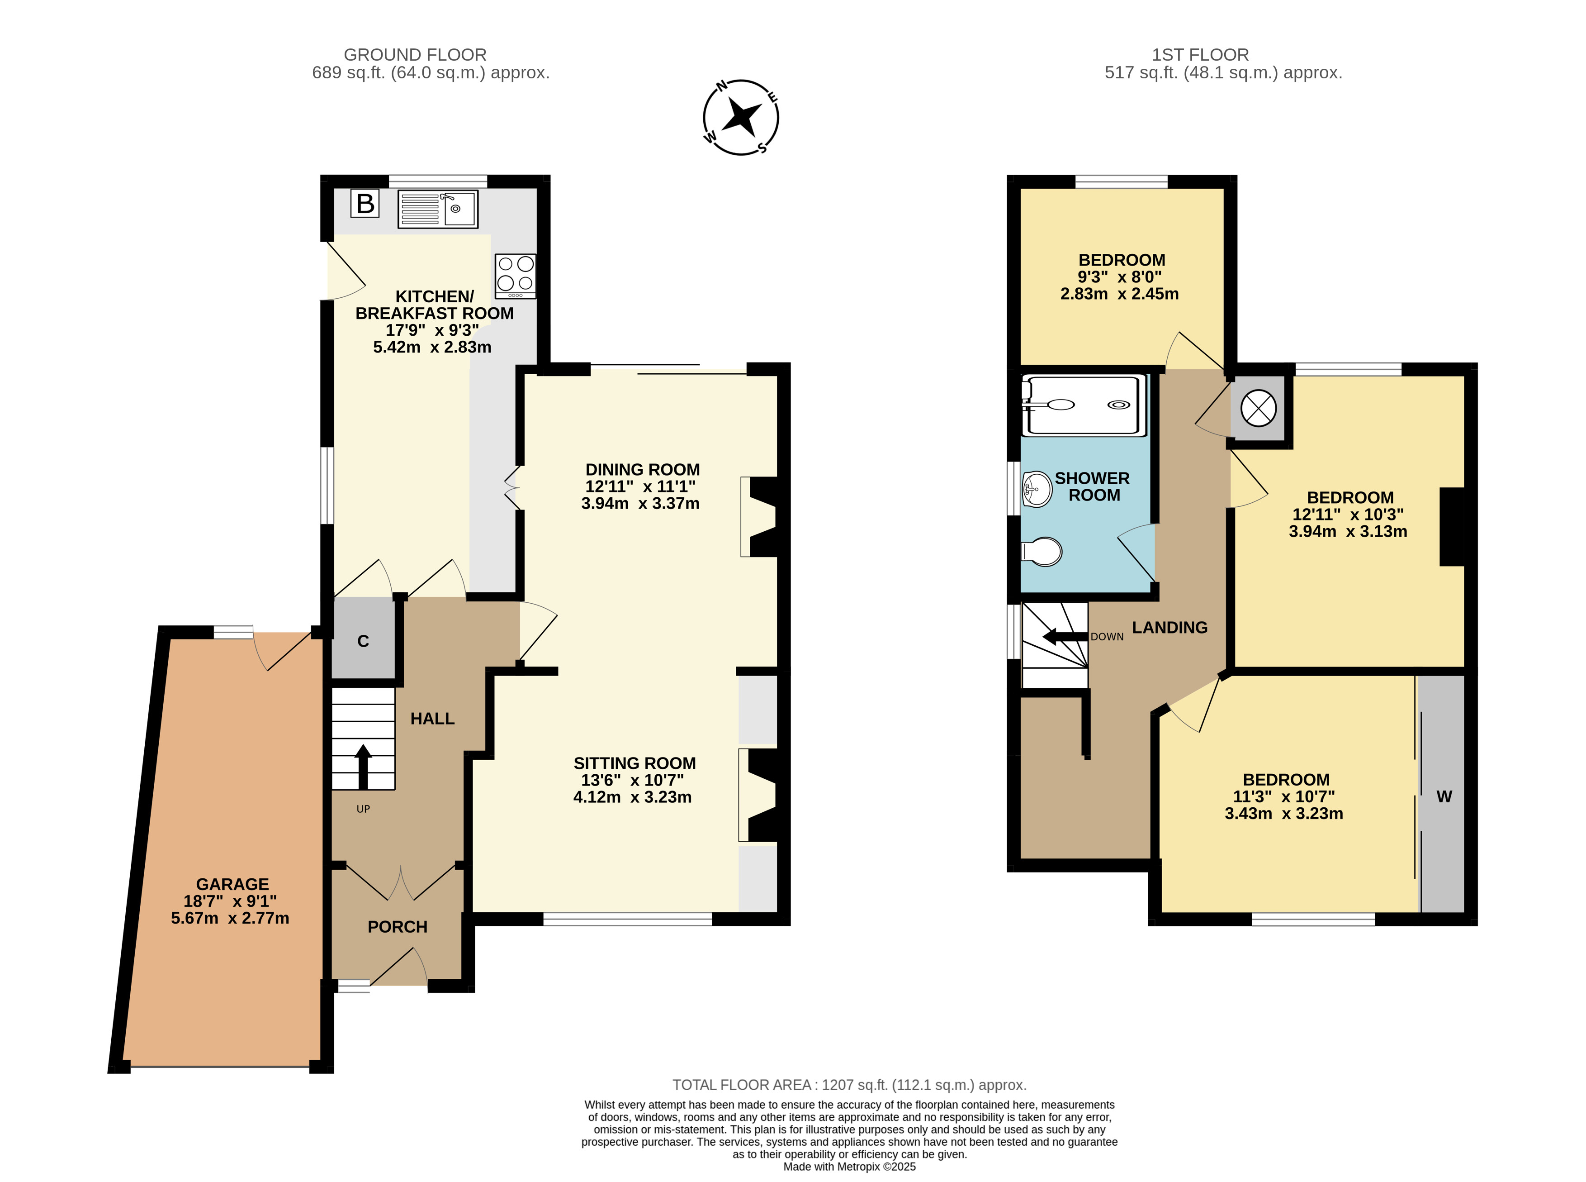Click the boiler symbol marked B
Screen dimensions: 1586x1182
tap(365, 204)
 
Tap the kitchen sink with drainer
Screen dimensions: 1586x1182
tap(438, 209)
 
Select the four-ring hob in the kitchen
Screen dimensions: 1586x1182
tap(515, 276)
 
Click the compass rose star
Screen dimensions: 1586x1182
tap(742, 117)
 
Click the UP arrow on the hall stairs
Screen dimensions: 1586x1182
tap(363, 766)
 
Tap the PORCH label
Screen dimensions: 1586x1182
tap(398, 927)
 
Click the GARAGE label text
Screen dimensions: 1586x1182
tap(232, 884)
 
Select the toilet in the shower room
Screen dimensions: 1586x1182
tap(1041, 552)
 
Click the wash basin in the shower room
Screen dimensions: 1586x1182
tap(1037, 489)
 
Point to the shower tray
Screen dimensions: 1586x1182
tap(1084, 405)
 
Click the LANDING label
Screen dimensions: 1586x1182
tap(1170, 628)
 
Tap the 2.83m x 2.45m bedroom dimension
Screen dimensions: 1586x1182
tap(1120, 293)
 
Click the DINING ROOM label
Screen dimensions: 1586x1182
tap(643, 469)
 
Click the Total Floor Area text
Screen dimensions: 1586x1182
tap(849, 1085)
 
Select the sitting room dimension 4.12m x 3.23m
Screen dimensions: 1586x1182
tap(632, 797)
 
